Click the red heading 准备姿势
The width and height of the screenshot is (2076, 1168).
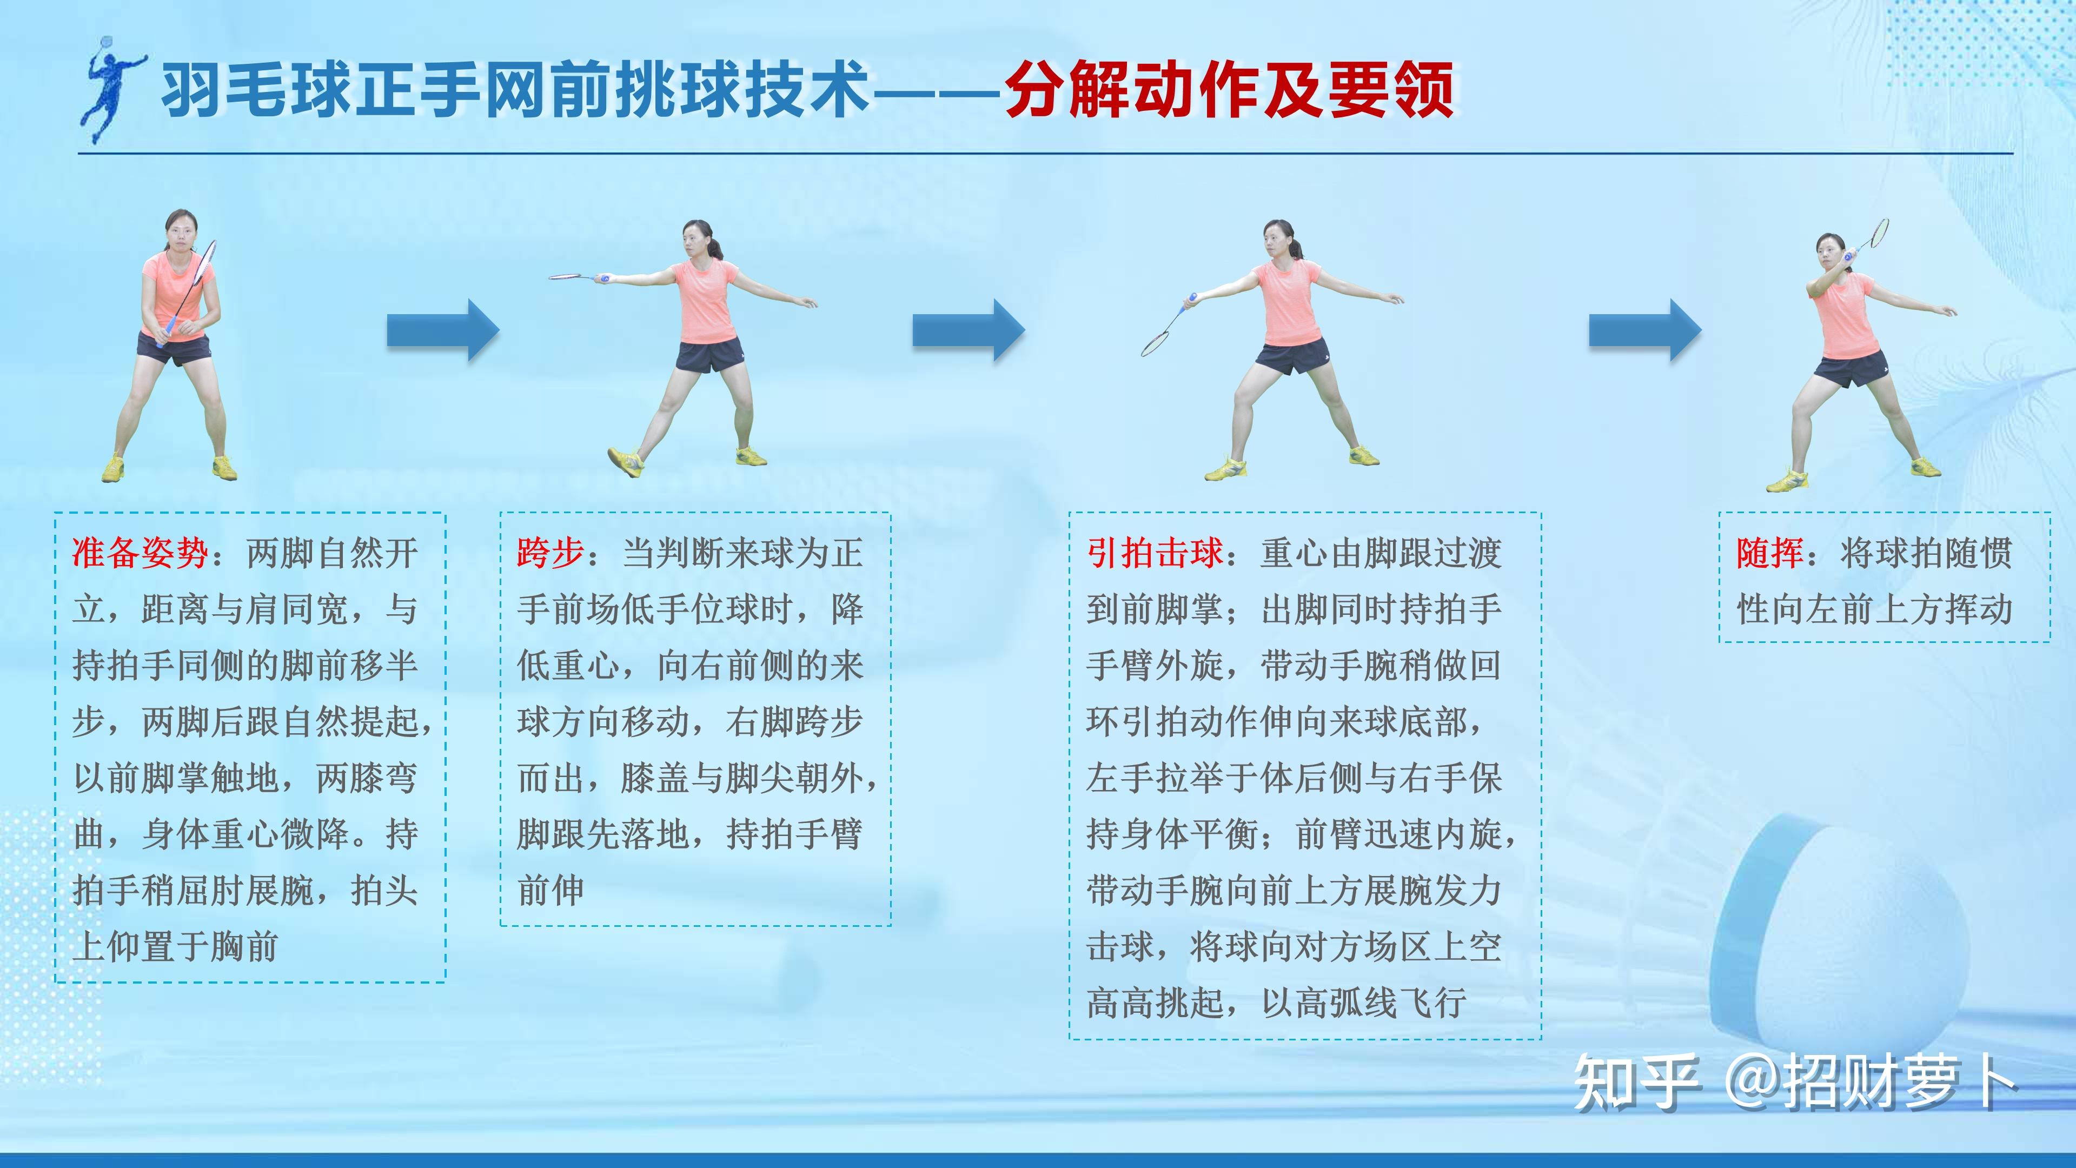141,554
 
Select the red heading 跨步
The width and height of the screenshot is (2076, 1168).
550,554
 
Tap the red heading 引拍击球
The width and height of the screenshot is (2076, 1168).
1155,554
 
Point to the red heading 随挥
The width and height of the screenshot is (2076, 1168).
1770,554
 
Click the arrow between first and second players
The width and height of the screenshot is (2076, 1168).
443,330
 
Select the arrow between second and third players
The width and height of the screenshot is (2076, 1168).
969,330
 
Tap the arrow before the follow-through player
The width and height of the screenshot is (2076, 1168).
1645,330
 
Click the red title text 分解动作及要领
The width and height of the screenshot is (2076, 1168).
1230,90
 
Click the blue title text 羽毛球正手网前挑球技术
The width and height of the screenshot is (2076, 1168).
516,90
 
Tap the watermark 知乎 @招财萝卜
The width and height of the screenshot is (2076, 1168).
1794,1083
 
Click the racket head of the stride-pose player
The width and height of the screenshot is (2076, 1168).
571,276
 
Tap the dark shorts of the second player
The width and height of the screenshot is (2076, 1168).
709,355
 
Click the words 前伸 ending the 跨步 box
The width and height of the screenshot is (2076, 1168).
550,891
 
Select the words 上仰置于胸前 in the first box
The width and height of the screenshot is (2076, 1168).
176,947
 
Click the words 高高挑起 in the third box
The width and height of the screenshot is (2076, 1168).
1155,1004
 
